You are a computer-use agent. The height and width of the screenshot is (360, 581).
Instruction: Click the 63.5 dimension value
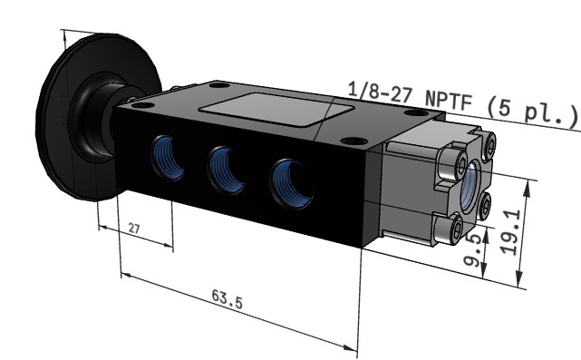[x=228, y=299]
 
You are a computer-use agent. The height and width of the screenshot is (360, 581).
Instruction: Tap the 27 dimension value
[x=134, y=228]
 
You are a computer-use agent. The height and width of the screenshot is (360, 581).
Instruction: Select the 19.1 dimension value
[x=511, y=232]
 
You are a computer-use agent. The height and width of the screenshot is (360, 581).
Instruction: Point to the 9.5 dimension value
[x=475, y=250]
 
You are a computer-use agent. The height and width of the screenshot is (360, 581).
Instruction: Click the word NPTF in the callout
[x=449, y=101]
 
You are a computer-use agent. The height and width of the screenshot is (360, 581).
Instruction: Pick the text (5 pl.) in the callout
[x=531, y=111]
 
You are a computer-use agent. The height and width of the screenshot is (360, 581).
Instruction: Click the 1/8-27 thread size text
[x=380, y=92]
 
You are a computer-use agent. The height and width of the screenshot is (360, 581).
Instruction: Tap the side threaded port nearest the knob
[x=169, y=158]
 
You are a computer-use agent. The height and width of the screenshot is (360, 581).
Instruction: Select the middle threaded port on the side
[x=226, y=170]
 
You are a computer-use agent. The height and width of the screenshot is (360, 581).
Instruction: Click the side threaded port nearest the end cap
[x=291, y=183]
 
